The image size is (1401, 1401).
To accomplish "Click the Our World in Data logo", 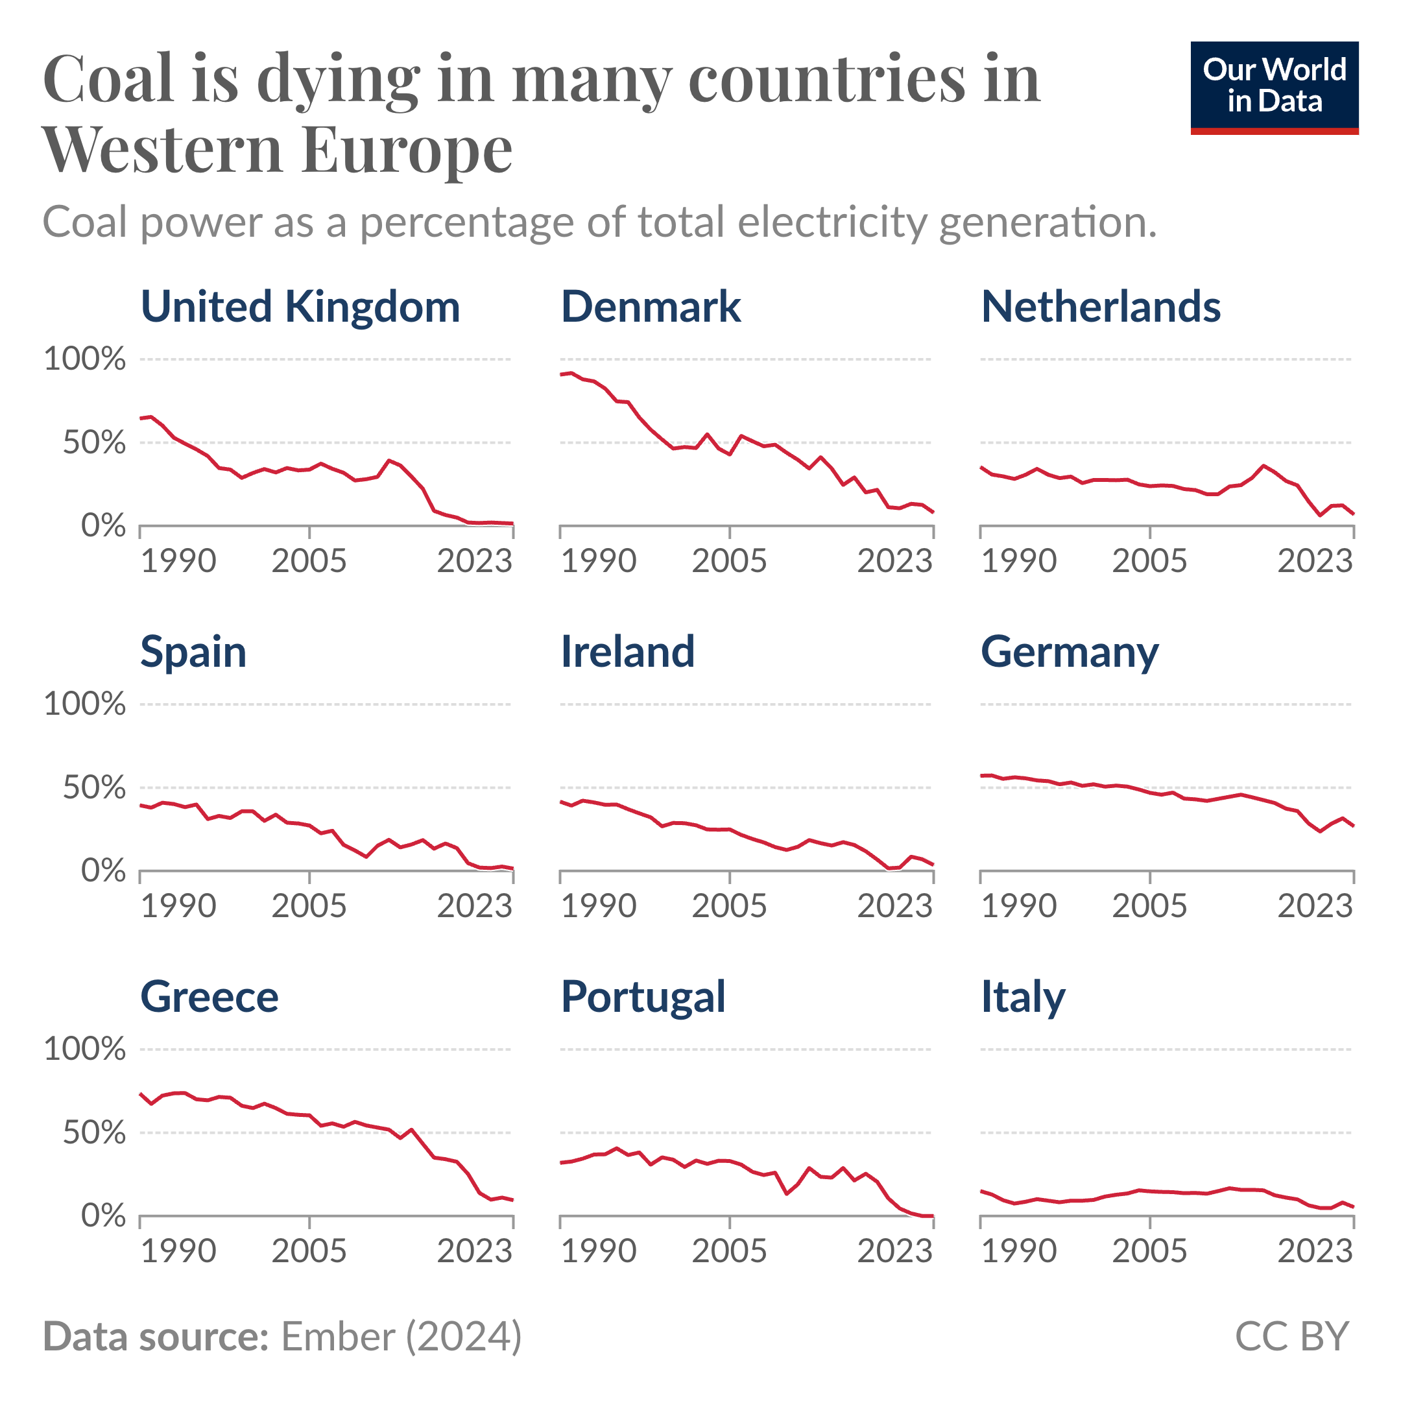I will [1274, 87].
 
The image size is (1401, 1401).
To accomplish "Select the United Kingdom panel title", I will [300, 307].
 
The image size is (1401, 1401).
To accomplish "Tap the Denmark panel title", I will [651, 307].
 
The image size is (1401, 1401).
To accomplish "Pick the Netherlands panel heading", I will [1101, 307].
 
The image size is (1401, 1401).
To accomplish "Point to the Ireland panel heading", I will [627, 652].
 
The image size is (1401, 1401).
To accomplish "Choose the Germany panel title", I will [1070, 653].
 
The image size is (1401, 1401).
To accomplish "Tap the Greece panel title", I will [209, 997].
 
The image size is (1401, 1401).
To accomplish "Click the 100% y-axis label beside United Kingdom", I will [85, 359].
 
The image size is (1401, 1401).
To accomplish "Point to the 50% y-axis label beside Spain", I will [94, 787].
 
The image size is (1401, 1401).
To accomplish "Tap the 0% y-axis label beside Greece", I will [103, 1216].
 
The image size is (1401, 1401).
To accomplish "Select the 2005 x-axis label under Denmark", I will [729, 562].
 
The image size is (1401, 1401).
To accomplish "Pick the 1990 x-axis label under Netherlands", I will [1019, 562].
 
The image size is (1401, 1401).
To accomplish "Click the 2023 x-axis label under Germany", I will [1315, 907].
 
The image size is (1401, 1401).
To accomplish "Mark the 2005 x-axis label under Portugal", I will [729, 1252].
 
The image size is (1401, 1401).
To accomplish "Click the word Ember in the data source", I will [338, 1335].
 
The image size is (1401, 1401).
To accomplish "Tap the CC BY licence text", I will [1291, 1335].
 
